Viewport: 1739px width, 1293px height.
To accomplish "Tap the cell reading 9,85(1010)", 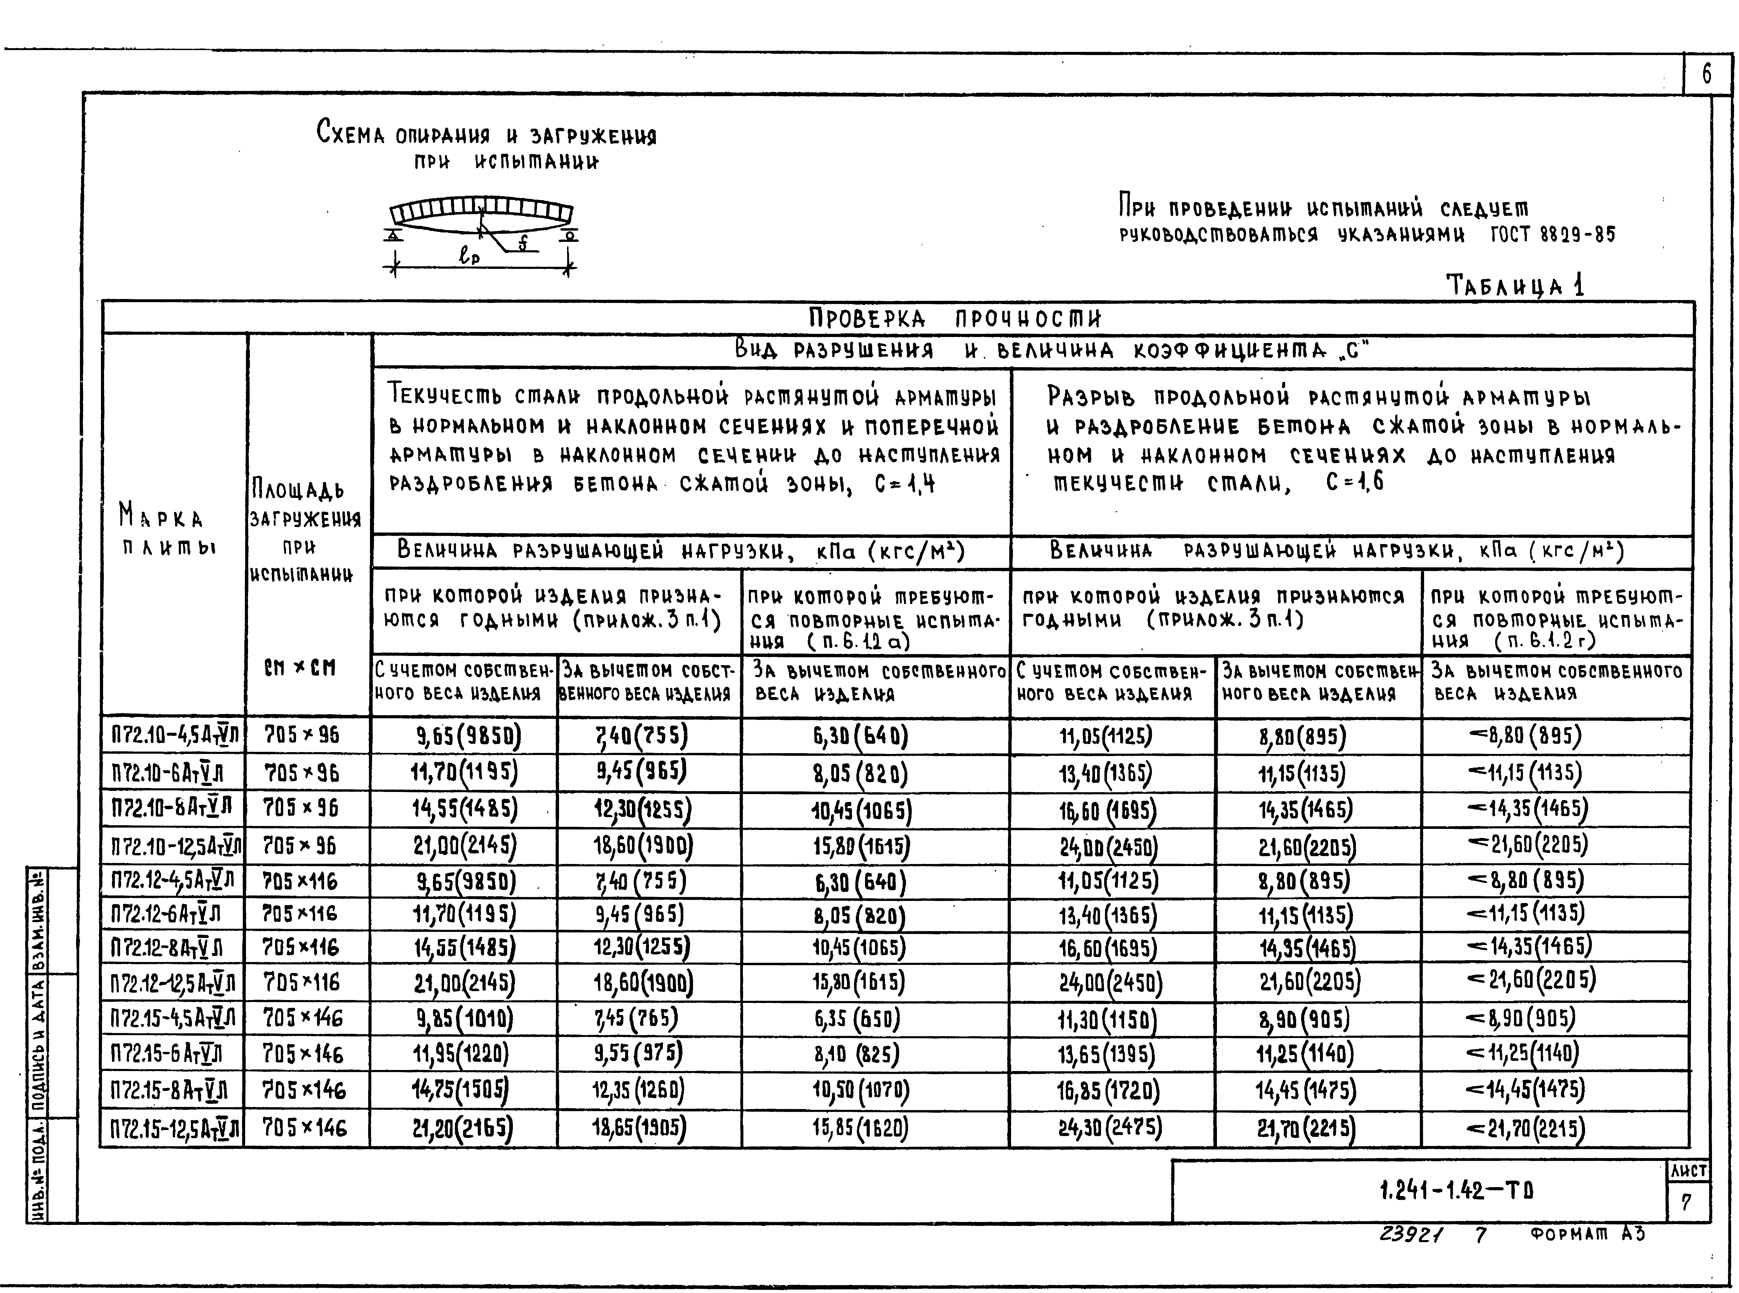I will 464,1018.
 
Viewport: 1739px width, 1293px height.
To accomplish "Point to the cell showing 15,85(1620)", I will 860,1128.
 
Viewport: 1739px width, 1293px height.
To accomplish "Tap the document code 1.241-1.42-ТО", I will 1456,1191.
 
